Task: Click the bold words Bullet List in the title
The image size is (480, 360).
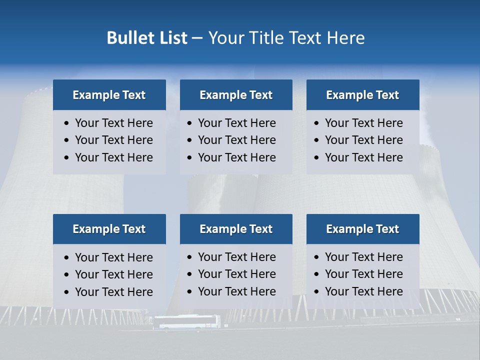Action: (147, 38)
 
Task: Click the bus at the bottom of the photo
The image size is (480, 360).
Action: (186, 322)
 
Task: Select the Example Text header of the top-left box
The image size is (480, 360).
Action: (109, 95)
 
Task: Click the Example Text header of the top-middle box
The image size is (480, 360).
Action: (236, 95)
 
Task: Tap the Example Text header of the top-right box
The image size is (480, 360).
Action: (362, 95)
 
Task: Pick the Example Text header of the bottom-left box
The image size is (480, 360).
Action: (109, 229)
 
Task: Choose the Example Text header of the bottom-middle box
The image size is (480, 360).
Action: (236, 229)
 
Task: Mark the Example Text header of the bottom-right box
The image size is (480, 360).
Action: (362, 229)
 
